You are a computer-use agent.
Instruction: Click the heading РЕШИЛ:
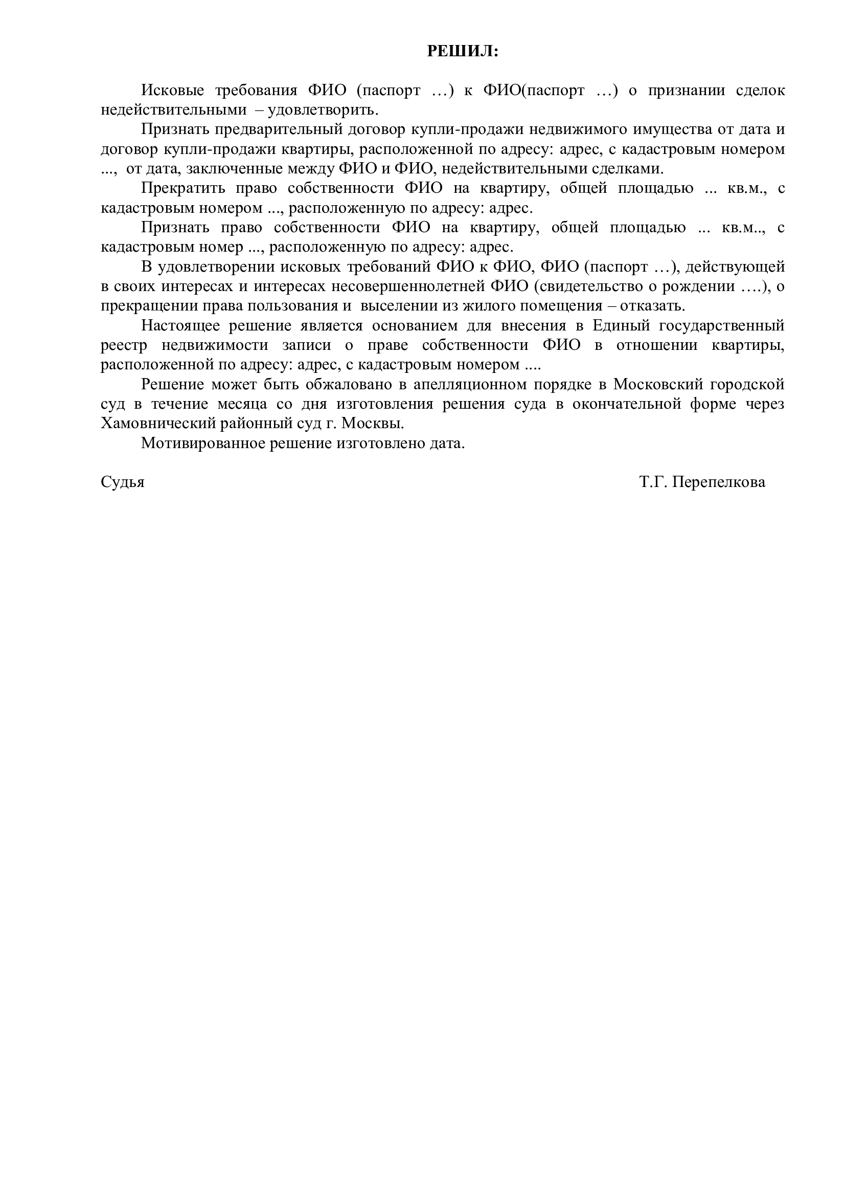462,51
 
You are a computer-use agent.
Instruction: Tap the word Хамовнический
157,424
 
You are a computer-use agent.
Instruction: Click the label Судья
122,482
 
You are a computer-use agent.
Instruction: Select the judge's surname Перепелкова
719,482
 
